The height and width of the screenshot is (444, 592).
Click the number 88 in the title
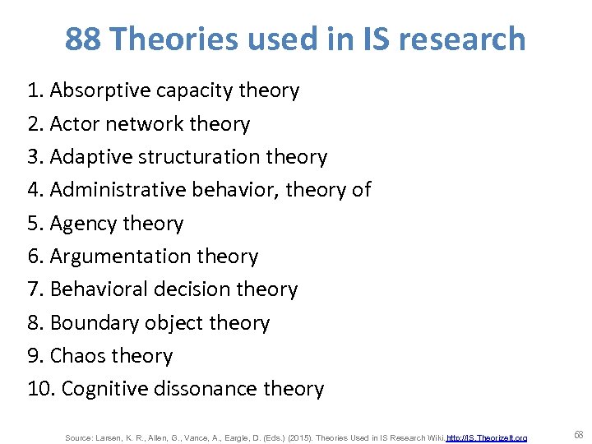82,39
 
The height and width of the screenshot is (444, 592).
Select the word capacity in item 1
199,90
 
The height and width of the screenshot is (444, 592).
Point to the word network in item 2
144,124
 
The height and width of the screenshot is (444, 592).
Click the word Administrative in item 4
118,190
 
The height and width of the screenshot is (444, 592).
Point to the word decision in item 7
197,289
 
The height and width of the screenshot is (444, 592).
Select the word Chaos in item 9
76,356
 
